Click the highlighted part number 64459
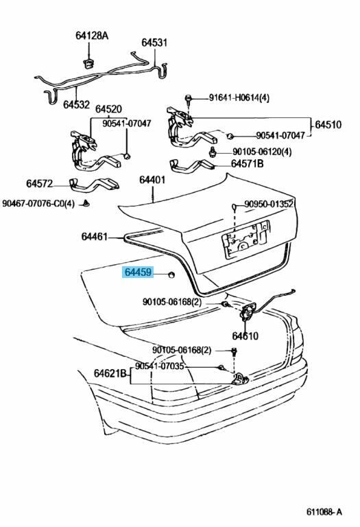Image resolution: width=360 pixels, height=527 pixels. click(139, 272)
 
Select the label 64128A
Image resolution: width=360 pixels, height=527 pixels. click(92, 35)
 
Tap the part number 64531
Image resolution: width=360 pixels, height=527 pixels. click(154, 43)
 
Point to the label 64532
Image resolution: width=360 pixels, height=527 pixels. click(77, 105)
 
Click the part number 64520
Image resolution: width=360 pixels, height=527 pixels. click(108, 109)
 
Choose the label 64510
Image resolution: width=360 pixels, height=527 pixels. click(328, 125)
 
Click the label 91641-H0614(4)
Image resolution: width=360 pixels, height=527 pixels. click(239, 98)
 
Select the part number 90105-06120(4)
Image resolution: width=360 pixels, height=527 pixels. click(262, 152)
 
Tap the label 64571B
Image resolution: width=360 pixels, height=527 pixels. click(247, 164)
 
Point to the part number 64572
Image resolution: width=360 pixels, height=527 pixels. click(40, 184)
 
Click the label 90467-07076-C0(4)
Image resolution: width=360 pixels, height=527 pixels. click(38, 204)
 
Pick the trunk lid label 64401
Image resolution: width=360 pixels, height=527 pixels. click(152, 180)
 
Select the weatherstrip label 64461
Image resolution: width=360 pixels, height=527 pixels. click(95, 237)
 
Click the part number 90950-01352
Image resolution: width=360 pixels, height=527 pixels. click(269, 204)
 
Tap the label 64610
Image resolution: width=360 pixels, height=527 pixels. click(245, 336)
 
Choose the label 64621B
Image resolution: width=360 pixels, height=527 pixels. click(110, 373)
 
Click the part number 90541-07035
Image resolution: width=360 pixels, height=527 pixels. click(160, 366)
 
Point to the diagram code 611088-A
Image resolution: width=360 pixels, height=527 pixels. click(324, 512)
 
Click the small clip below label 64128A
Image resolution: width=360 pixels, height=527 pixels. click(88, 63)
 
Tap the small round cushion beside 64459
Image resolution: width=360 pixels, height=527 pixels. click(171, 275)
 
